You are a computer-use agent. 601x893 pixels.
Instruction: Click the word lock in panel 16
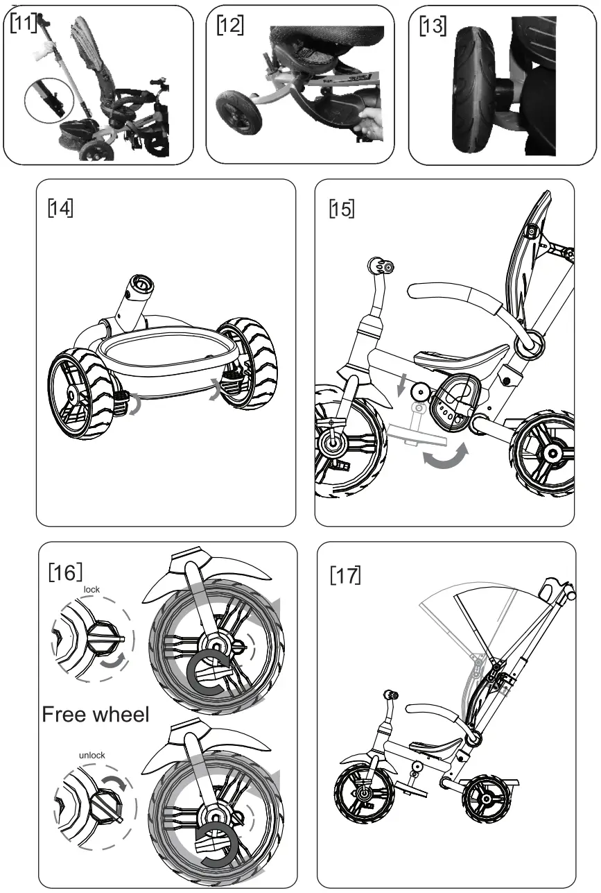point(92,589)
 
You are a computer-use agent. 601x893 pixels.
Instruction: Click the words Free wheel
point(96,714)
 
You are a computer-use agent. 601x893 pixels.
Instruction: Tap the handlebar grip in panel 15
point(381,266)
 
